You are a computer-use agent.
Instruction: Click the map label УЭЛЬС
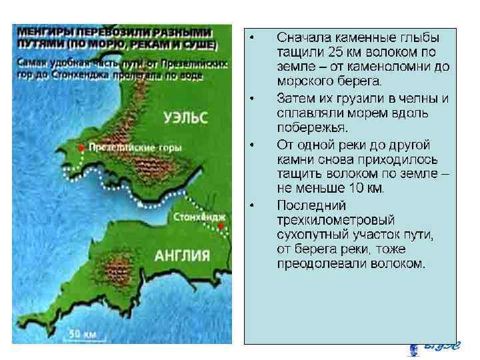(186, 118)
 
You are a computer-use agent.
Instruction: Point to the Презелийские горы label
(126, 147)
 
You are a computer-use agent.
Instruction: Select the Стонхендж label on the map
(199, 218)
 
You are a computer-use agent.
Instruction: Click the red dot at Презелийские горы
(81, 147)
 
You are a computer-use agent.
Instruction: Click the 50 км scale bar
(83, 332)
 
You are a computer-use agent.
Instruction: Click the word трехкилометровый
(335, 219)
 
